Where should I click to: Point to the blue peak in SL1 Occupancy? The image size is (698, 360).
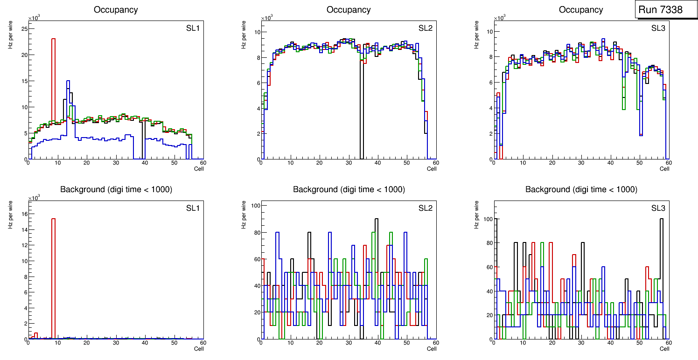point(68,82)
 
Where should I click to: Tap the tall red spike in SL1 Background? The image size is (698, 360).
point(53,261)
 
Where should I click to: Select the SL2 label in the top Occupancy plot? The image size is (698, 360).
point(425,28)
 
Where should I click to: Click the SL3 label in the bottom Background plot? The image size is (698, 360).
point(658,208)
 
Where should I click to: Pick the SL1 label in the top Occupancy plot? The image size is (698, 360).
point(193,28)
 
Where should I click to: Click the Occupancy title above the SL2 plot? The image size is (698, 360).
point(349,10)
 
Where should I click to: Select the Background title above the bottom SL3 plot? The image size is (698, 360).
point(581,189)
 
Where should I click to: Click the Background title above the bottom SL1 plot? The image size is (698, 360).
point(116,189)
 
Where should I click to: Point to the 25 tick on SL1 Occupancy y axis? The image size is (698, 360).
point(24,29)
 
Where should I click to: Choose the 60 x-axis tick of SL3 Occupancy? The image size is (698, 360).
point(668,163)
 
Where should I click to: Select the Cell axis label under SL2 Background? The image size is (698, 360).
point(432,348)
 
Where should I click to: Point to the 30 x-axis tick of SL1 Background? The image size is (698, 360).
point(116,343)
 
